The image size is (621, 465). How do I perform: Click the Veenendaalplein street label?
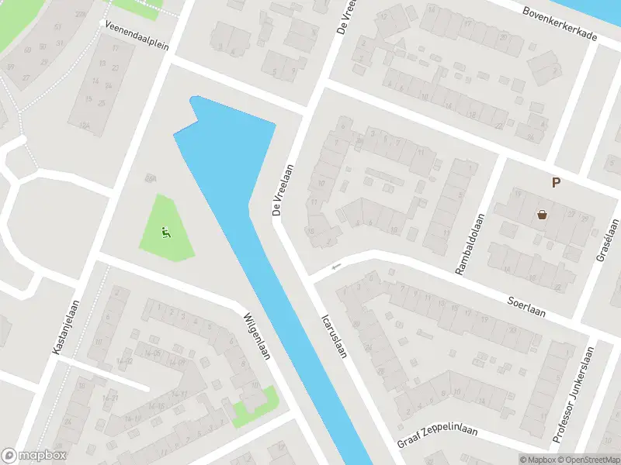click(137, 35)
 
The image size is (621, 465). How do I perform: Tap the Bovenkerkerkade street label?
click(560, 25)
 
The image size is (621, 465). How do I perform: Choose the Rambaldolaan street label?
click(471, 243)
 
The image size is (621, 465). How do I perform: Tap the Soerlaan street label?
click(527, 306)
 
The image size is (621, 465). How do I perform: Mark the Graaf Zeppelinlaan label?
click(438, 436)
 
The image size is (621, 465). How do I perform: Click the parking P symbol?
click(555, 183)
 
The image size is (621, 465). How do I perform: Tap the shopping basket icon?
click(542, 215)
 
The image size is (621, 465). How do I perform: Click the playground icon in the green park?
click(165, 230)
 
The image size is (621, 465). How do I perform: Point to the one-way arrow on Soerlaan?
click(336, 267)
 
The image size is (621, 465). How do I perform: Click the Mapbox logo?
click(34, 456)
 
